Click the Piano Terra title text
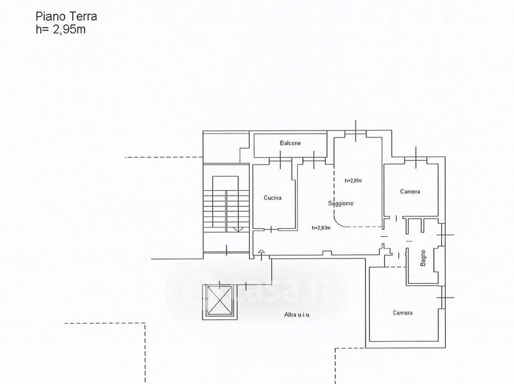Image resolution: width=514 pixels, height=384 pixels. (66, 16)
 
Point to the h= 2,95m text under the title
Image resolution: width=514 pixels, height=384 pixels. (61, 29)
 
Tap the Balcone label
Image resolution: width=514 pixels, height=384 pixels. (290, 143)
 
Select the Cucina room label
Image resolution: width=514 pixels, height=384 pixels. (273, 198)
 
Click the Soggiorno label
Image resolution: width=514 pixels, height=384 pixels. (341, 203)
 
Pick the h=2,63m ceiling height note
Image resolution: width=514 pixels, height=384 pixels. (321, 228)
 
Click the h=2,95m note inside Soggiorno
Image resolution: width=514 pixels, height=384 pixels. (353, 181)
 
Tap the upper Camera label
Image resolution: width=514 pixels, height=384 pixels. (410, 191)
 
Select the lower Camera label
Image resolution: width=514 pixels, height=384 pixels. (402, 313)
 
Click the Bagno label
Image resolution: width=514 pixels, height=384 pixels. (423, 258)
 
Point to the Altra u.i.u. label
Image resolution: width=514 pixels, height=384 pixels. (297, 315)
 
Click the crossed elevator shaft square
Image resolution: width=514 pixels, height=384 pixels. (220, 300)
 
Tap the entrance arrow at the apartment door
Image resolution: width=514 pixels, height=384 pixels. (261, 255)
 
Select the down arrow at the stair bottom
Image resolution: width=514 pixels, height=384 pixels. (238, 229)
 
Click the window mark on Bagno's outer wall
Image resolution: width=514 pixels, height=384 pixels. (445, 235)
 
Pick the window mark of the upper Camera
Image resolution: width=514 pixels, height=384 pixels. (416, 158)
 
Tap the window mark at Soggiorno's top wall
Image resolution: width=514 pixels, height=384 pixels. (356, 130)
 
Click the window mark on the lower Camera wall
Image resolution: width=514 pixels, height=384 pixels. (445, 298)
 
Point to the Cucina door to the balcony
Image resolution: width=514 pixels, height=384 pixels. (281, 160)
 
